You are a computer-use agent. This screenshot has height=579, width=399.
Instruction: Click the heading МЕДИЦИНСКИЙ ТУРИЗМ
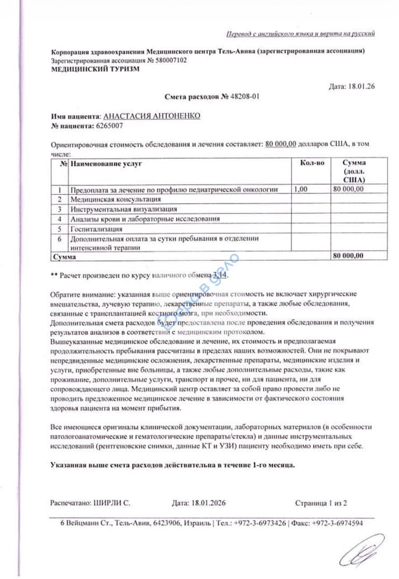(95, 69)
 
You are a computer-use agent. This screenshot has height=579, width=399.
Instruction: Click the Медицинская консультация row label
(115, 199)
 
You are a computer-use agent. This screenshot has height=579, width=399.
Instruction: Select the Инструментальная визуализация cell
(123, 209)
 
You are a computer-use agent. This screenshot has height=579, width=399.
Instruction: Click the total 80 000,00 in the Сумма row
(348, 256)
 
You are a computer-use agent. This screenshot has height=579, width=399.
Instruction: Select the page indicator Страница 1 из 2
(321, 503)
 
